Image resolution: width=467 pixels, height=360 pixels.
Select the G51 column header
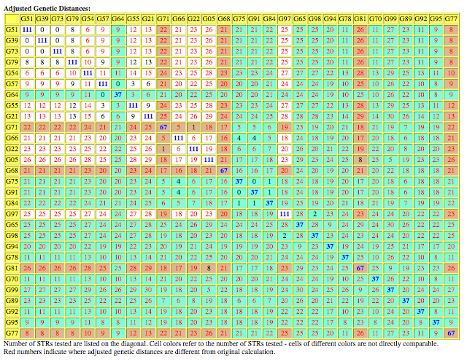point(26,18)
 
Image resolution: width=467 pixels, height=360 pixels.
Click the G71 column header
point(163,18)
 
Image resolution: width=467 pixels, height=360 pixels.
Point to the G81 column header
point(360,18)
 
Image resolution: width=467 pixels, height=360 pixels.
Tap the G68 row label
point(11,170)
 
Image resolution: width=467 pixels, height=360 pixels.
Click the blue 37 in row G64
point(117,94)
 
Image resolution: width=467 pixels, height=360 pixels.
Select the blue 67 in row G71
point(163,127)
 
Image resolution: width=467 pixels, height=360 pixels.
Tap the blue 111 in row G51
point(26,28)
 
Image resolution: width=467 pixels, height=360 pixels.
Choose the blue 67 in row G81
point(360,267)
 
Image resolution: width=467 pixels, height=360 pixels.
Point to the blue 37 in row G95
point(436,321)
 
